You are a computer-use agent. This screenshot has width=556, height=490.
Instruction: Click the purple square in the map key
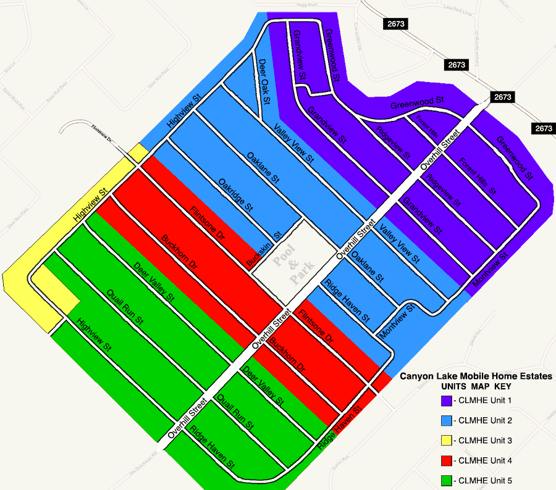pos(447,401)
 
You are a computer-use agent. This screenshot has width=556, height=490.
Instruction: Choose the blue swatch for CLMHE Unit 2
pos(447,420)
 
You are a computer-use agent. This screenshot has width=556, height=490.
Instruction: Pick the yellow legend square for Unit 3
pos(447,441)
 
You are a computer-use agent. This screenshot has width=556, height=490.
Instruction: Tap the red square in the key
pos(447,460)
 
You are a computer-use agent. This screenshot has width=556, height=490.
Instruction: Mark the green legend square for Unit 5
pos(447,480)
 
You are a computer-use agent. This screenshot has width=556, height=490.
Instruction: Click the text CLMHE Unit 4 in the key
pos(486,460)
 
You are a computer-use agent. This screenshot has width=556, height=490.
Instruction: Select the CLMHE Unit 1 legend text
pos(486,401)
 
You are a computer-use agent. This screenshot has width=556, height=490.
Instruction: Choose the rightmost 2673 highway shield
pos(544,128)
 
